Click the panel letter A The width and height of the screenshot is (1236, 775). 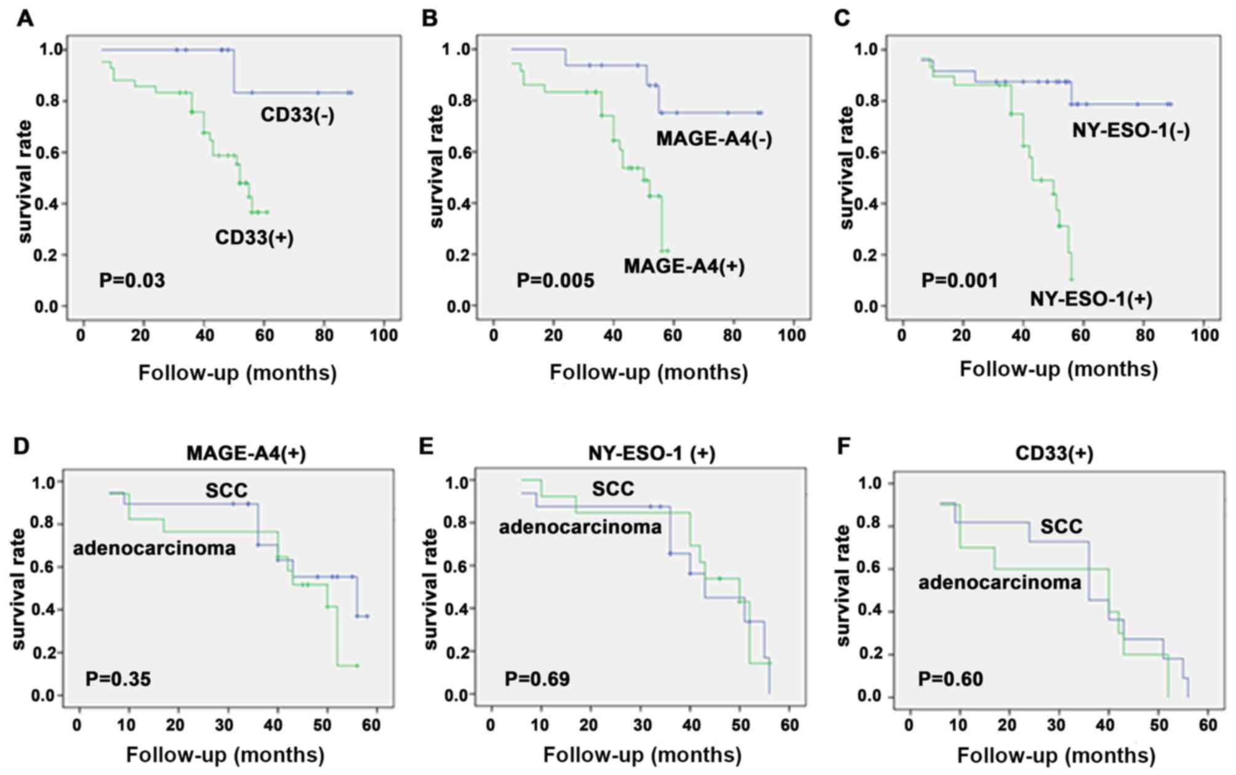pyautogui.click(x=25, y=18)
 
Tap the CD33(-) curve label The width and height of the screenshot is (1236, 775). pyautogui.click(x=297, y=115)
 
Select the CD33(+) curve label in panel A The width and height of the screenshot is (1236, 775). pyautogui.click(x=254, y=238)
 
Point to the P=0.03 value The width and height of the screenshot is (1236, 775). pyautogui.click(x=132, y=282)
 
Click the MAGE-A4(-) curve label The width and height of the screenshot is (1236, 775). pyautogui.click(x=713, y=139)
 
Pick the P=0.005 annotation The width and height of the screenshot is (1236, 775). pyautogui.click(x=555, y=282)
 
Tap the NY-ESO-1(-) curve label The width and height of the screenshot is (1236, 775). pyautogui.click(x=1131, y=131)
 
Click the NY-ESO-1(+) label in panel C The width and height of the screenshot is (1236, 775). pyautogui.click(x=1091, y=299)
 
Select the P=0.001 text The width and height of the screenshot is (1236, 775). pyautogui.click(x=959, y=281)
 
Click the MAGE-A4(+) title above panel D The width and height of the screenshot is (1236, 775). pyautogui.click(x=246, y=454)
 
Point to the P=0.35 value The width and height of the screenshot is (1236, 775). pyautogui.click(x=118, y=680)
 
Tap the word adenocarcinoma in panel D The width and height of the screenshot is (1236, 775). pyautogui.click(x=154, y=548)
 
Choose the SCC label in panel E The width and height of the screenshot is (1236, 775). pyautogui.click(x=612, y=489)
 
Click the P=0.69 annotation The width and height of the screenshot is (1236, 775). pyautogui.click(x=537, y=680)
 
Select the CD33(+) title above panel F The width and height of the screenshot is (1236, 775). pyautogui.click(x=1054, y=454)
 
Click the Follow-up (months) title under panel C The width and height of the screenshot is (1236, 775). pyautogui.click(x=1059, y=369)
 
